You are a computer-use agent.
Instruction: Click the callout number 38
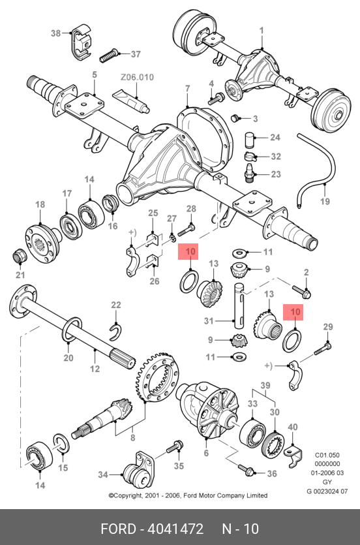click(55, 33)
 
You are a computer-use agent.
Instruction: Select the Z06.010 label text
click(137, 77)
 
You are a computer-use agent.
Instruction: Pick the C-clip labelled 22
click(115, 332)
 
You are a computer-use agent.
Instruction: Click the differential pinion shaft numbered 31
click(239, 306)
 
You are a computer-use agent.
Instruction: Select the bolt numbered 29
click(323, 349)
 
